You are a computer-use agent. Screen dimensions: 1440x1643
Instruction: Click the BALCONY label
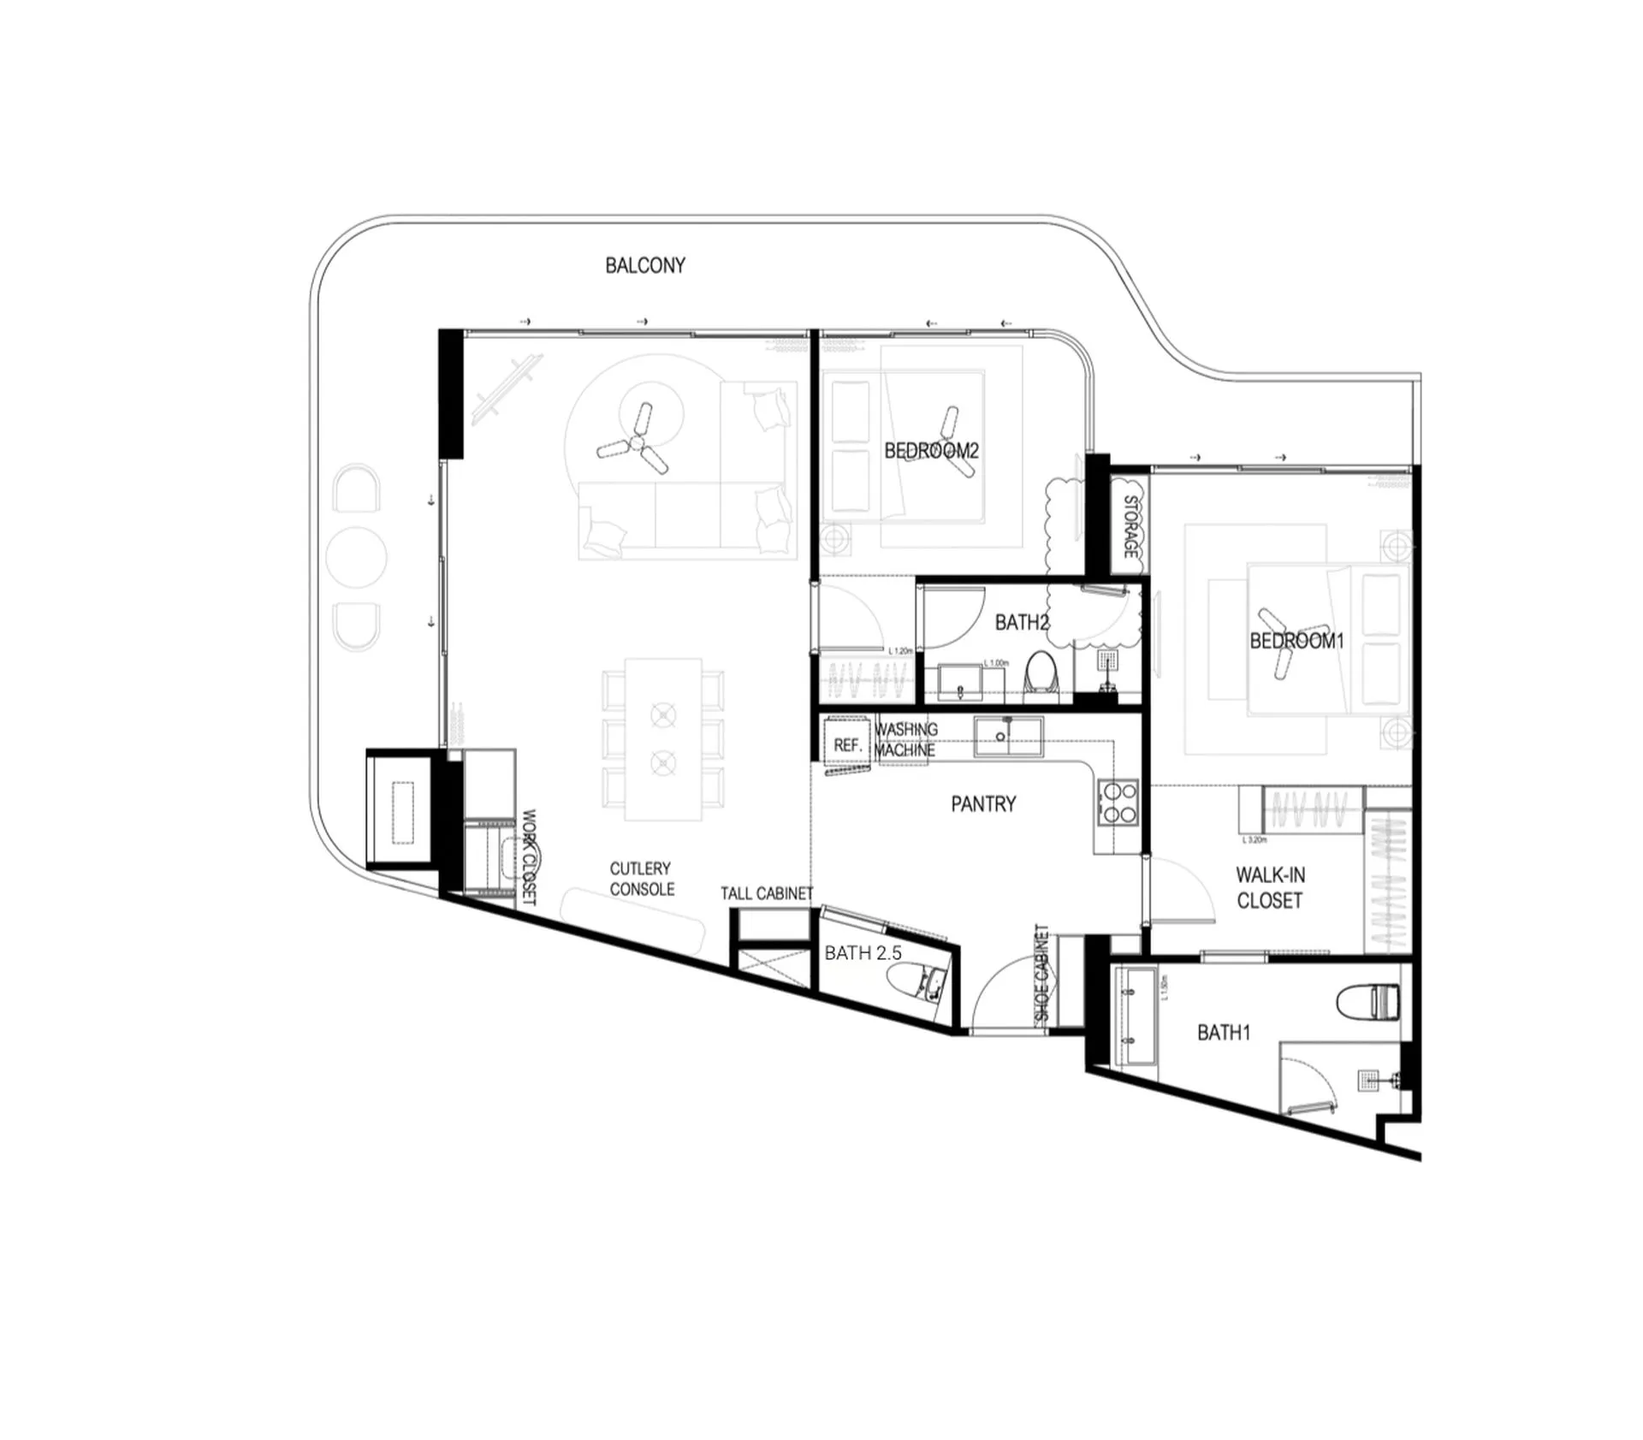tap(645, 265)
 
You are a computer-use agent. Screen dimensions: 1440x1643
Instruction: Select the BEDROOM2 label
tap(931, 450)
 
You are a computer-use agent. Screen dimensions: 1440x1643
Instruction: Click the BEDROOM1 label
tap(1296, 640)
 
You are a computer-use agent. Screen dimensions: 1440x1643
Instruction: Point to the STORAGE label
tap(1130, 526)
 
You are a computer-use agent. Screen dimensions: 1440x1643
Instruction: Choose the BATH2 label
tap(1022, 622)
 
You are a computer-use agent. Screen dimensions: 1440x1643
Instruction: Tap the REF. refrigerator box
tap(846, 744)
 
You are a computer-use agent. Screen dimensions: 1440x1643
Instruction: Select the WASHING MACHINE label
tap(905, 739)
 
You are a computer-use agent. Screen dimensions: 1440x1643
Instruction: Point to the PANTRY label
tap(983, 803)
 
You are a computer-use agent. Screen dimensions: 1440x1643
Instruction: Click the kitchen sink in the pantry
tap(1008, 736)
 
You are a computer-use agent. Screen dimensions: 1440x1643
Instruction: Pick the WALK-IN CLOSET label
tap(1270, 887)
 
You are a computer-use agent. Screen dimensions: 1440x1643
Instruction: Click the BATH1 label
tap(1223, 1033)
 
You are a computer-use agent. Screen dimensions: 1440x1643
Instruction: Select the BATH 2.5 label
tap(863, 953)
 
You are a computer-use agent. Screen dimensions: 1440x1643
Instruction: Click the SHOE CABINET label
tap(1041, 972)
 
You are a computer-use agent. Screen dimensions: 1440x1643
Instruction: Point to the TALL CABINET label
tap(766, 893)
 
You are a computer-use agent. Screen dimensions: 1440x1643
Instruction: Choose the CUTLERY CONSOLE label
tap(642, 879)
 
